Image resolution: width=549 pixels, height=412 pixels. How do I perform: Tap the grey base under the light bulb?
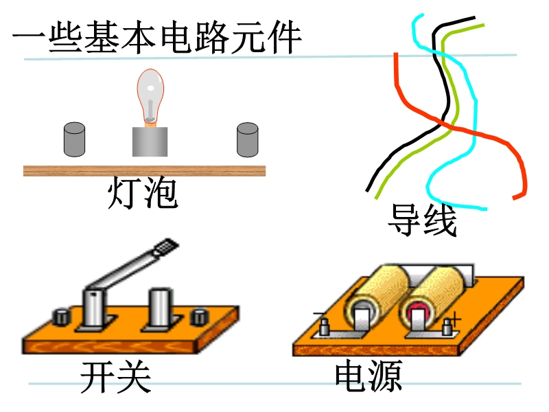(x=150, y=141)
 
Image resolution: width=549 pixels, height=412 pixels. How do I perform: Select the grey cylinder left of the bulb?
(x=74, y=139)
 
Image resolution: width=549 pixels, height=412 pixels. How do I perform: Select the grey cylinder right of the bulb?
(x=247, y=139)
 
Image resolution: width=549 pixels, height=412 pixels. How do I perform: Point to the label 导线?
(x=422, y=220)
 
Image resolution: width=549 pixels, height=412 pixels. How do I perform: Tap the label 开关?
(x=115, y=376)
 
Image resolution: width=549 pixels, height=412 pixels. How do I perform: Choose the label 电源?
(x=368, y=375)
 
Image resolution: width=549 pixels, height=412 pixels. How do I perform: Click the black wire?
(x=449, y=103)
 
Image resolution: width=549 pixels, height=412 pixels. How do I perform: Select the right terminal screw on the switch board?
(x=200, y=317)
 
